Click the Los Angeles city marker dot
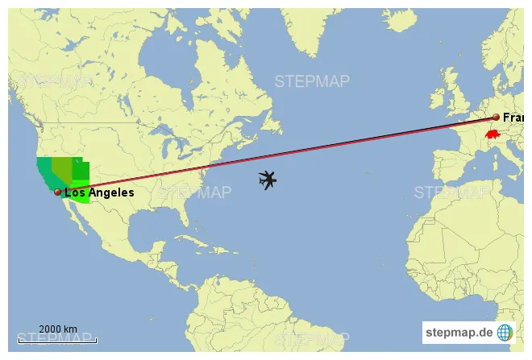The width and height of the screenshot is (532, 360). [x=57, y=192]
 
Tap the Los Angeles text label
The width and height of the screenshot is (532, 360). [x=99, y=193]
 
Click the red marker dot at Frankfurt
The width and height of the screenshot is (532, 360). [x=496, y=118]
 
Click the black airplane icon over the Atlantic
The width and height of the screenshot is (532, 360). [x=268, y=180]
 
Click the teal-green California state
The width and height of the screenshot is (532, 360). [x=44, y=172]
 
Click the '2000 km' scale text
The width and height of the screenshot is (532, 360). [x=58, y=329]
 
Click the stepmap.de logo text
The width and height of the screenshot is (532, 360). [x=459, y=332]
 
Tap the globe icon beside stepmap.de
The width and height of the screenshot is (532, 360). [x=505, y=332]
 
